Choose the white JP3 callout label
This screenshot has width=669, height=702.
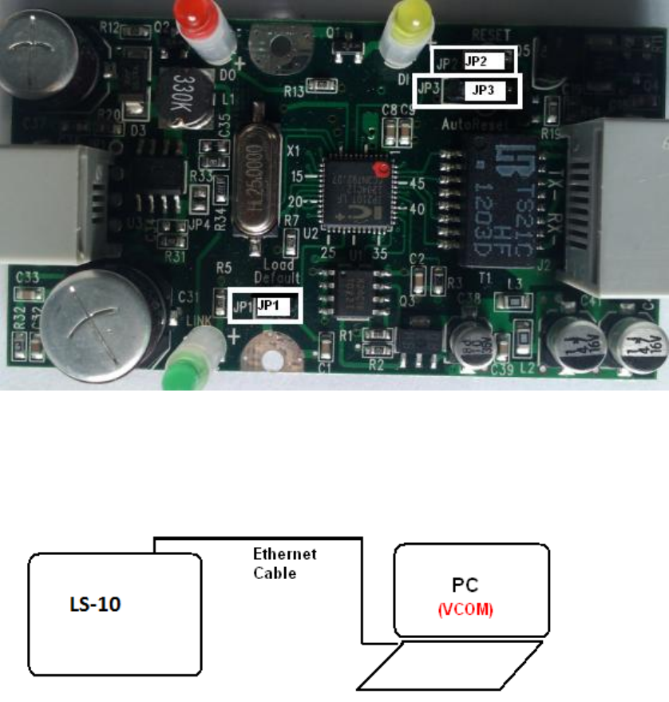coord(484,91)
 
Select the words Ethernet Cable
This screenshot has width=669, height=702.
coord(284,563)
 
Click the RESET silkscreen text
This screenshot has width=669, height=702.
coord(491,34)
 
